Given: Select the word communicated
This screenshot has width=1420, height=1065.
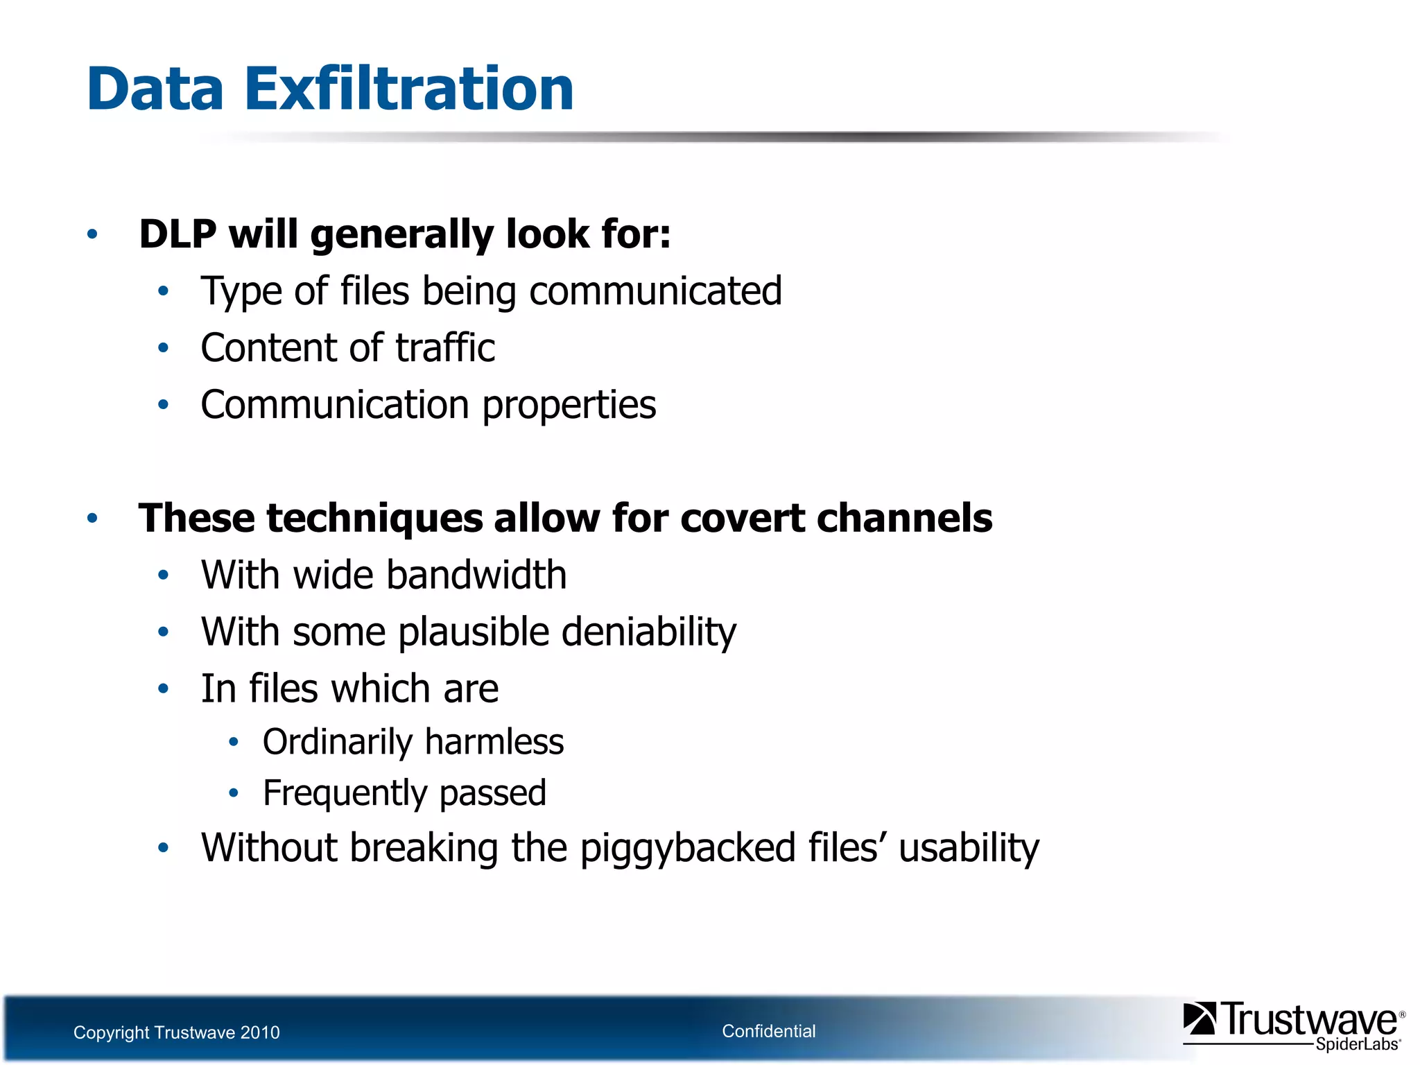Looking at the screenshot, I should coord(655,291).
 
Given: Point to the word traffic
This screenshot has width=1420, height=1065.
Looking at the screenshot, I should coord(445,347).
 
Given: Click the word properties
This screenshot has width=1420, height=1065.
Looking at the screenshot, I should coord(569,405).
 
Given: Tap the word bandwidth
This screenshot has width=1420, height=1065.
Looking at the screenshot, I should coord(476,575).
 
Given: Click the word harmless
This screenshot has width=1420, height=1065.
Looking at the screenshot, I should coord(494,742).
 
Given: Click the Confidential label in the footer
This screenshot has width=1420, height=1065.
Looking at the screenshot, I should coord(768,1031).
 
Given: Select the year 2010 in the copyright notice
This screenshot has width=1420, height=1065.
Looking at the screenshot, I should coord(259,1032).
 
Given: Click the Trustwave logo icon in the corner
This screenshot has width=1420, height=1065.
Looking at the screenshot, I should coord(1199,1019).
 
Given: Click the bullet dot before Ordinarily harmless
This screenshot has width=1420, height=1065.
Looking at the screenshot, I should coord(234,742).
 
